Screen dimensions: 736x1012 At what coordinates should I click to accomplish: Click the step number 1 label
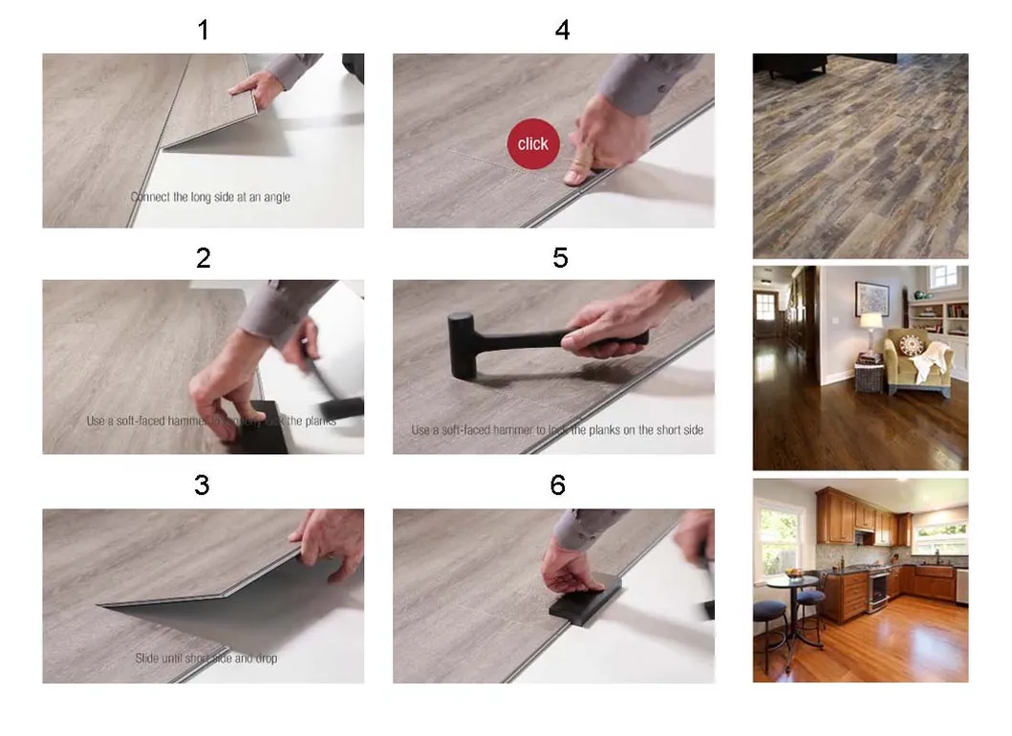[x=203, y=31]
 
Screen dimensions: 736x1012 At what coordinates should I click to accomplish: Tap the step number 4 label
[x=562, y=31]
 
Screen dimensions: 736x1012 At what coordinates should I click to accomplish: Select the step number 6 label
[x=558, y=486]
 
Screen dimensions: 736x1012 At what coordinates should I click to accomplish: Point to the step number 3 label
[x=202, y=486]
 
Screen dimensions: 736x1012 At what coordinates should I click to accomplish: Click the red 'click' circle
[x=532, y=143]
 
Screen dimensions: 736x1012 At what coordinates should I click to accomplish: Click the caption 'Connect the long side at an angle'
[x=210, y=197]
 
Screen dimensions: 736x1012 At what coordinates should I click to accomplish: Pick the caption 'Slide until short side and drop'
[x=206, y=659]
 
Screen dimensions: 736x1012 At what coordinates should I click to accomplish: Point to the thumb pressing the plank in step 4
[x=579, y=169]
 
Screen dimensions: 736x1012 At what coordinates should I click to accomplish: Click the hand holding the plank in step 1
[x=256, y=89]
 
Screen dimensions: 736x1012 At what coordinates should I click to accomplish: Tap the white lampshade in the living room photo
[x=871, y=320]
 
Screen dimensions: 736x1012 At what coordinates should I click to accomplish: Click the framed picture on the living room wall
[x=871, y=298]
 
